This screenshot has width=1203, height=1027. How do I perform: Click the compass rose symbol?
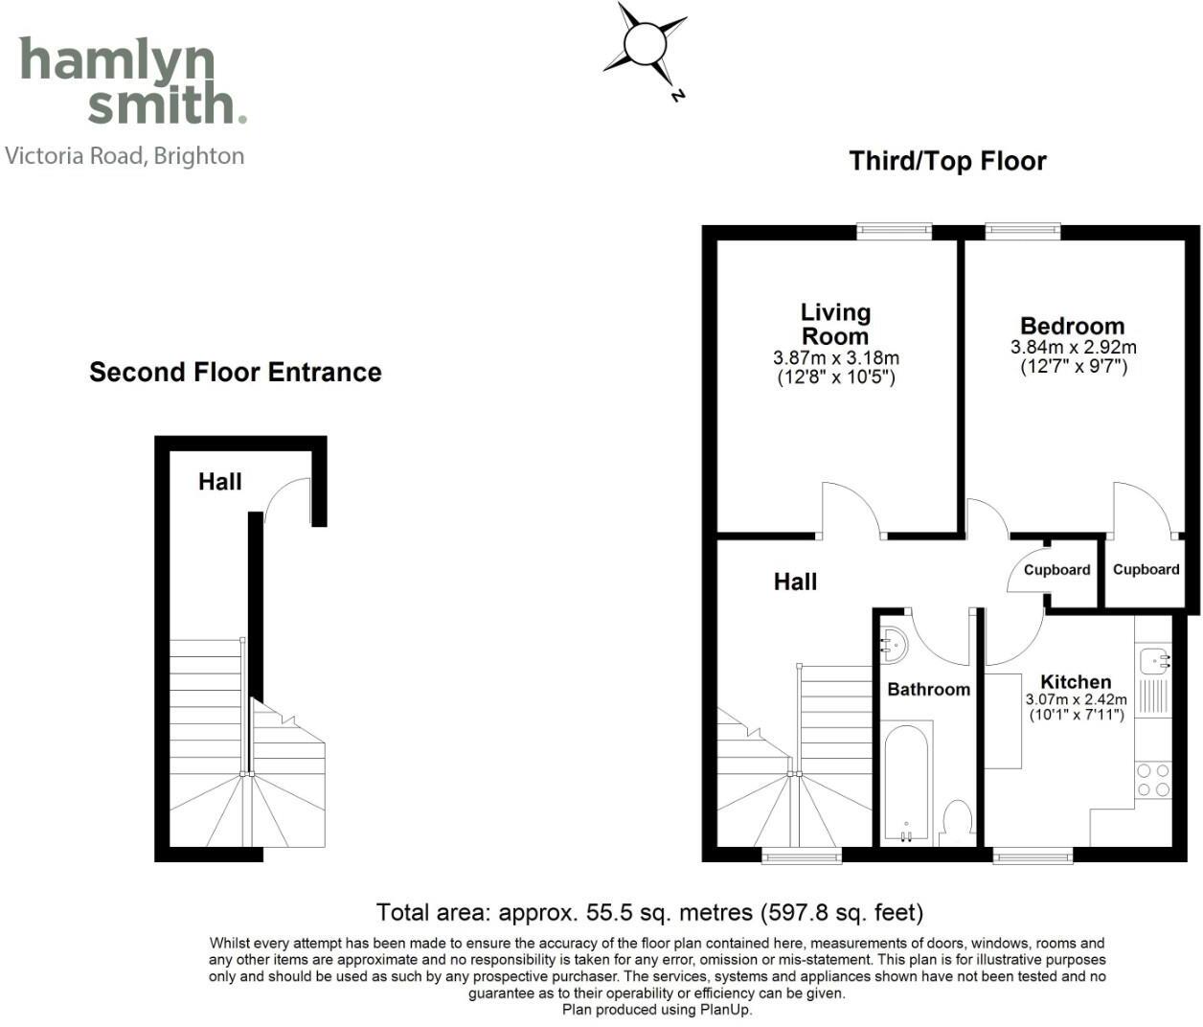pos(645,44)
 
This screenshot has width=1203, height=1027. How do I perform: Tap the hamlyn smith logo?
pos(132,80)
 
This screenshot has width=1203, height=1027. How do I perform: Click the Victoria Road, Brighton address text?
pos(125,155)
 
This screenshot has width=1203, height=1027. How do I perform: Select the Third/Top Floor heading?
pos(947,161)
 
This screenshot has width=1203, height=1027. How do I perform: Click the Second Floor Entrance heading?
pos(235,372)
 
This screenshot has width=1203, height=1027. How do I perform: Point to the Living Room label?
pos(835,324)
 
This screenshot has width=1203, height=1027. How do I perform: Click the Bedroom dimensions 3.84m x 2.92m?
pos(1073,347)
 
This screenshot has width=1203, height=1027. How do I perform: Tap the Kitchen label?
pos(1076,681)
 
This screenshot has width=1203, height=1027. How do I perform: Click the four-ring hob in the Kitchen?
pos(1152,780)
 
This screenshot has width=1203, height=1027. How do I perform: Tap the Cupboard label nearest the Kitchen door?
pos(1056,570)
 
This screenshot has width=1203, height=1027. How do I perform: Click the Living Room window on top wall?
pos(895,231)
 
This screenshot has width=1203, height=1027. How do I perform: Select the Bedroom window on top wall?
pos(1023,231)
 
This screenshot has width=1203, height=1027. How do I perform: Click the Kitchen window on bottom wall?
pos(1033,855)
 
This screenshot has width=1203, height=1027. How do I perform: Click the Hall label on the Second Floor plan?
pos(219,482)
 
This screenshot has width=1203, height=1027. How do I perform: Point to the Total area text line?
pos(649,912)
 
